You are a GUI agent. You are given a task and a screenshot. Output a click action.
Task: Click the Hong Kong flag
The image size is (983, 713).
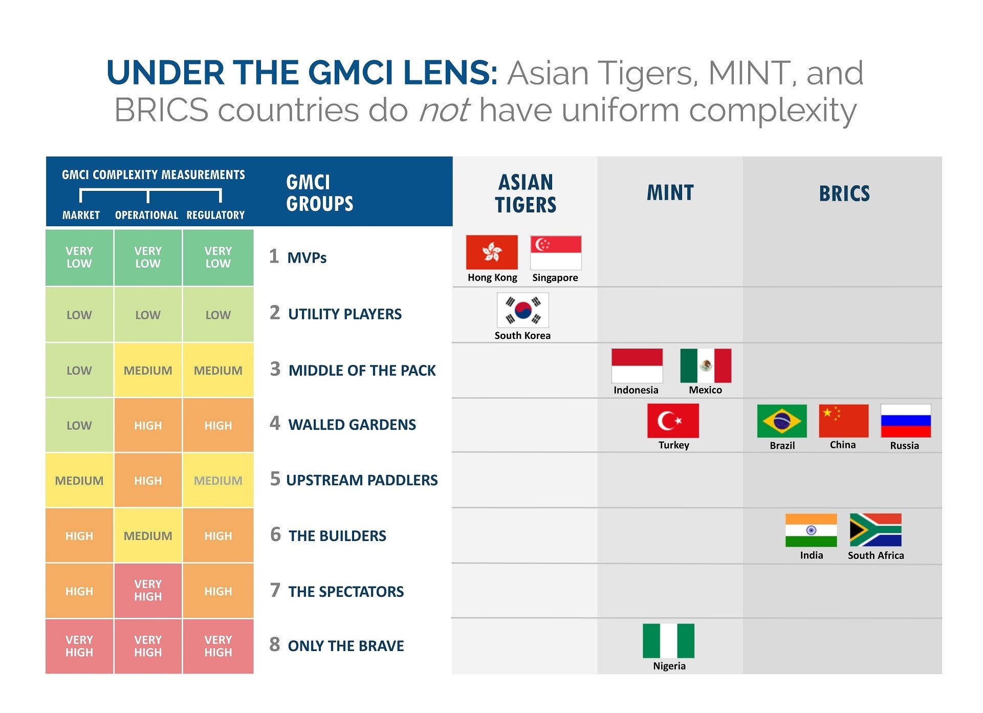491,252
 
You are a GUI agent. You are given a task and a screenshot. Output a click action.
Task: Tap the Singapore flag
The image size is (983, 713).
556,252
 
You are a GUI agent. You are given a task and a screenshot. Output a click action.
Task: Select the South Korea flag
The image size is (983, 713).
522,310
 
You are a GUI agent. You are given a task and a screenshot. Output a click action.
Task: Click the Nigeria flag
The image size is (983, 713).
668,640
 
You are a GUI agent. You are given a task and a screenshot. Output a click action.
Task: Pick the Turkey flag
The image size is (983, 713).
672,421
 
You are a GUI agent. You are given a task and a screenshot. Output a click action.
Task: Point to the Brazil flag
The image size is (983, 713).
781,421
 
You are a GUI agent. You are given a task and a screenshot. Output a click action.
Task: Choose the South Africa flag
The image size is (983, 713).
875,530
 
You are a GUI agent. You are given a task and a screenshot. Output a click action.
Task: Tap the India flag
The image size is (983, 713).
811,530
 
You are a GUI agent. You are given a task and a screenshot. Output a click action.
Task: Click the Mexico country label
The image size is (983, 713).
705,390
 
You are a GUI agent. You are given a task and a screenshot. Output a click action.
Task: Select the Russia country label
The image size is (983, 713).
904,446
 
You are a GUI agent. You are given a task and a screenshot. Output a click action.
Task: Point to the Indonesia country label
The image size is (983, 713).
636,390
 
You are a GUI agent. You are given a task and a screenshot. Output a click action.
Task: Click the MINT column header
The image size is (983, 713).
670,193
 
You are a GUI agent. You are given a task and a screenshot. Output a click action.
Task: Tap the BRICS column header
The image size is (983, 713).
844,193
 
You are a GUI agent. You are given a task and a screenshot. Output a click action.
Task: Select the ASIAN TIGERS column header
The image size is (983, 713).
526,193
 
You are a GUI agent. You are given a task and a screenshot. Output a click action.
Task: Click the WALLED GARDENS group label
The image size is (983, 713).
352,425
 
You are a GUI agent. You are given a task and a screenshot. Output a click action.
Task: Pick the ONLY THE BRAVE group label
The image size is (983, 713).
346,646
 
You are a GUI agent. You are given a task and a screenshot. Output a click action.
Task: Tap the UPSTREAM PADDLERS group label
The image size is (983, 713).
362,480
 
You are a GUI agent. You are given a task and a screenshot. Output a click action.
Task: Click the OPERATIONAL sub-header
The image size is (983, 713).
146,215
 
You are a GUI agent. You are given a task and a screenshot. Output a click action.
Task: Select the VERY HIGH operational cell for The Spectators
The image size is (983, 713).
148,591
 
